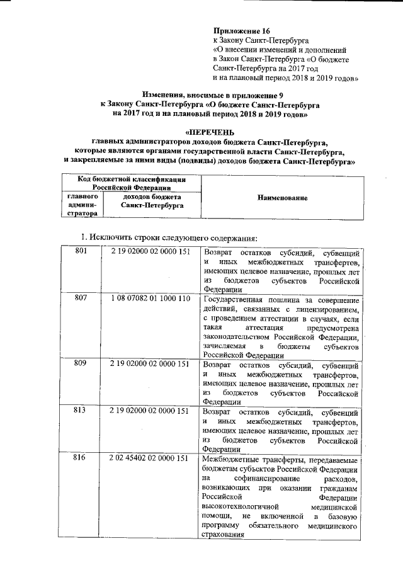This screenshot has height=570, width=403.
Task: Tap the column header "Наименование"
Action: coord(282,198)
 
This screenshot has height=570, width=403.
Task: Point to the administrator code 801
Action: coord(80,252)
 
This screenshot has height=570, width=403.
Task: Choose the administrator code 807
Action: coord(80,298)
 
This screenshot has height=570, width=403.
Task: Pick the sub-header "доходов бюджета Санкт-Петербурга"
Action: coord(151,201)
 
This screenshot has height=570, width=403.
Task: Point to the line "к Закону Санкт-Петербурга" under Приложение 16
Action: coord(255,40)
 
